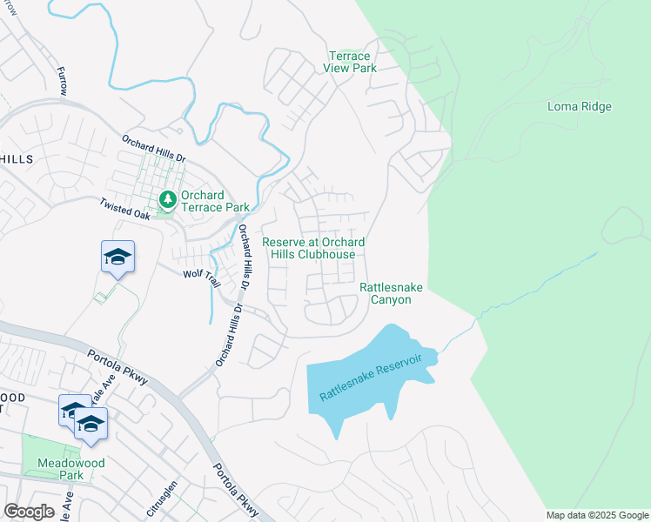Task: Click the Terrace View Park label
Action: pyautogui.click(x=346, y=62)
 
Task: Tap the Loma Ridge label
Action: pyautogui.click(x=579, y=107)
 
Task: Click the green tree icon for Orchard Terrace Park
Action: pyautogui.click(x=166, y=201)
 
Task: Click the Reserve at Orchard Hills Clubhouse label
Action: pyautogui.click(x=313, y=248)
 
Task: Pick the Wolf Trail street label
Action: pyautogui.click(x=198, y=273)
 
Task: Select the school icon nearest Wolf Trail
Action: pyautogui.click(x=117, y=256)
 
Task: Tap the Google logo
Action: pyautogui.click(x=30, y=512)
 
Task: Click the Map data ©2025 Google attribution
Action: pyautogui.click(x=596, y=515)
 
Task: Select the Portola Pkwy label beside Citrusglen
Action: pyautogui.click(x=234, y=491)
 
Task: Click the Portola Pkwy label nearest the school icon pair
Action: pyautogui.click(x=117, y=368)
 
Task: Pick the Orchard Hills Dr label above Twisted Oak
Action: pyautogui.click(x=154, y=148)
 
